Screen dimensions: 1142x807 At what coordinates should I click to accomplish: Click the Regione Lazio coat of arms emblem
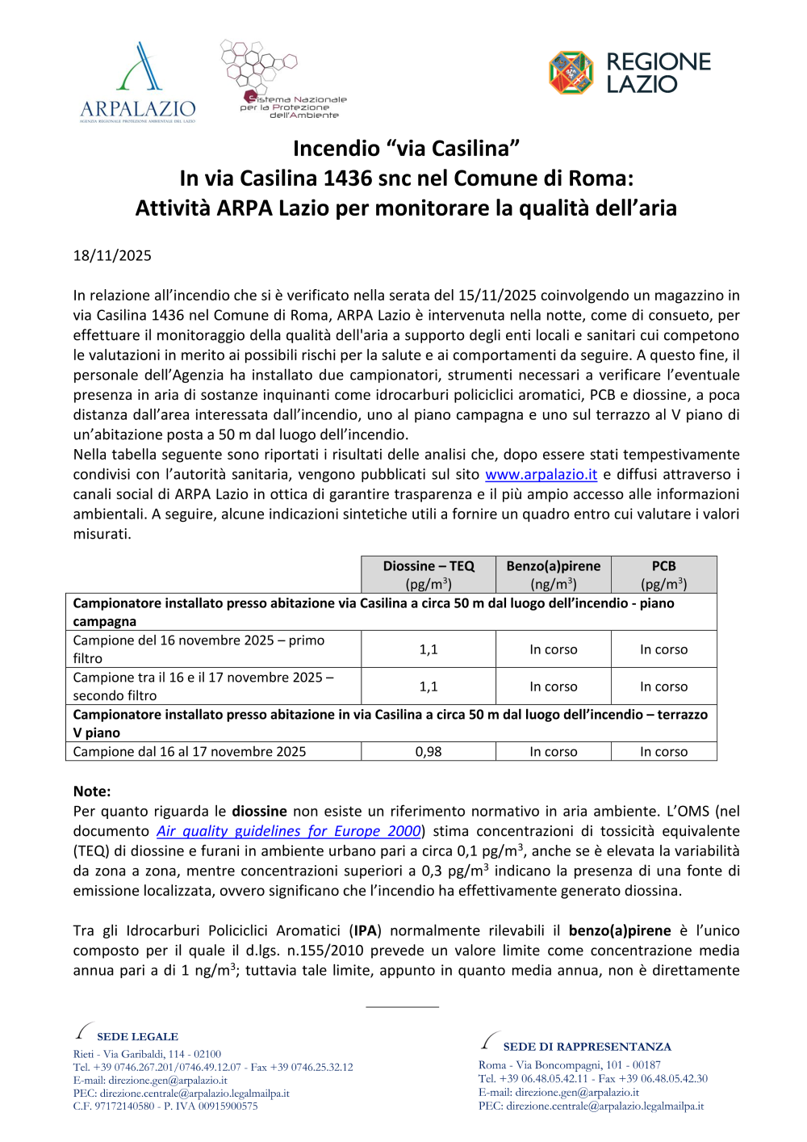571,73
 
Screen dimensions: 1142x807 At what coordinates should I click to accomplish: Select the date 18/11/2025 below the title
112,256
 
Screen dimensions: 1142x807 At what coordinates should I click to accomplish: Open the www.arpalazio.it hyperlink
541,475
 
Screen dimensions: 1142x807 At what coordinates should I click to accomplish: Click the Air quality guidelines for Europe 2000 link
289,831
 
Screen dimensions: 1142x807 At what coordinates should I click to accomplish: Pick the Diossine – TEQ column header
429,574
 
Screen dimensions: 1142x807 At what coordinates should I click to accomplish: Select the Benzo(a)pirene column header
554,574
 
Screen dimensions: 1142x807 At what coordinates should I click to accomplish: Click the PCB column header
663,574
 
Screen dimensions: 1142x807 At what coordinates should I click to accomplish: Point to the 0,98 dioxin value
429,752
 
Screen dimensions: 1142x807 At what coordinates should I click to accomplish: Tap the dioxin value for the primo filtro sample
429,649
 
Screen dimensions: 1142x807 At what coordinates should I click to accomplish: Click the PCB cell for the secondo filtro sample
663,686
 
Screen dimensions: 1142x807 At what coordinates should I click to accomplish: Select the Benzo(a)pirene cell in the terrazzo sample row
554,752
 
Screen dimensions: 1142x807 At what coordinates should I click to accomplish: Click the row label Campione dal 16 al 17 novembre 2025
190,752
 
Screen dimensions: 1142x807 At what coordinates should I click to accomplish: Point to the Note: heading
92,791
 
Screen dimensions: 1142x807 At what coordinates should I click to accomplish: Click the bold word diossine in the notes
259,811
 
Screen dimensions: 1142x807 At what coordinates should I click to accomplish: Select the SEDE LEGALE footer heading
137,1037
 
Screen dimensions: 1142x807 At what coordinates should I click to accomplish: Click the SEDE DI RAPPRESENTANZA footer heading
587,1047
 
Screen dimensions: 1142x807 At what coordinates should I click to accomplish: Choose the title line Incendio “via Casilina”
406,149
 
